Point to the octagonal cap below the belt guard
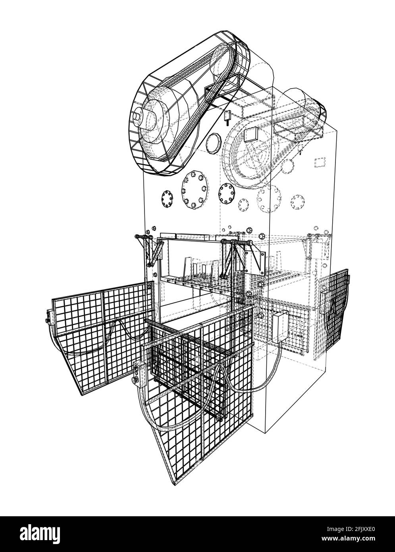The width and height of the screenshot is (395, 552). (213, 143)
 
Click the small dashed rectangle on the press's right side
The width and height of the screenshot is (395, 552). (320, 162)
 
